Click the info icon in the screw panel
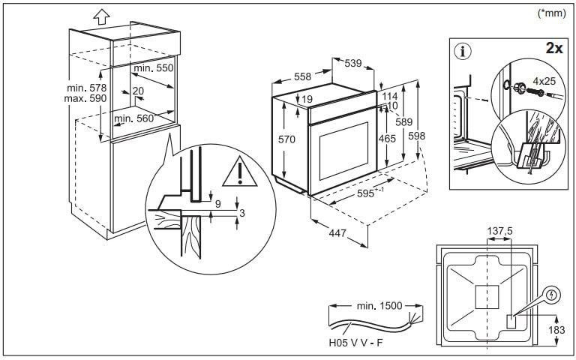[463, 52]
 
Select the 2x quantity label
[555, 48]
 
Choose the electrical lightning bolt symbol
[553, 296]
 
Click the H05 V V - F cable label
[355, 343]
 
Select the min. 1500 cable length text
[379, 306]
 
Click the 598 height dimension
[418, 136]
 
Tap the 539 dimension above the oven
[353, 63]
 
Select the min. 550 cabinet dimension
[153, 68]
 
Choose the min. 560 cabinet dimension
[133, 118]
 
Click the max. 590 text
[87, 99]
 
